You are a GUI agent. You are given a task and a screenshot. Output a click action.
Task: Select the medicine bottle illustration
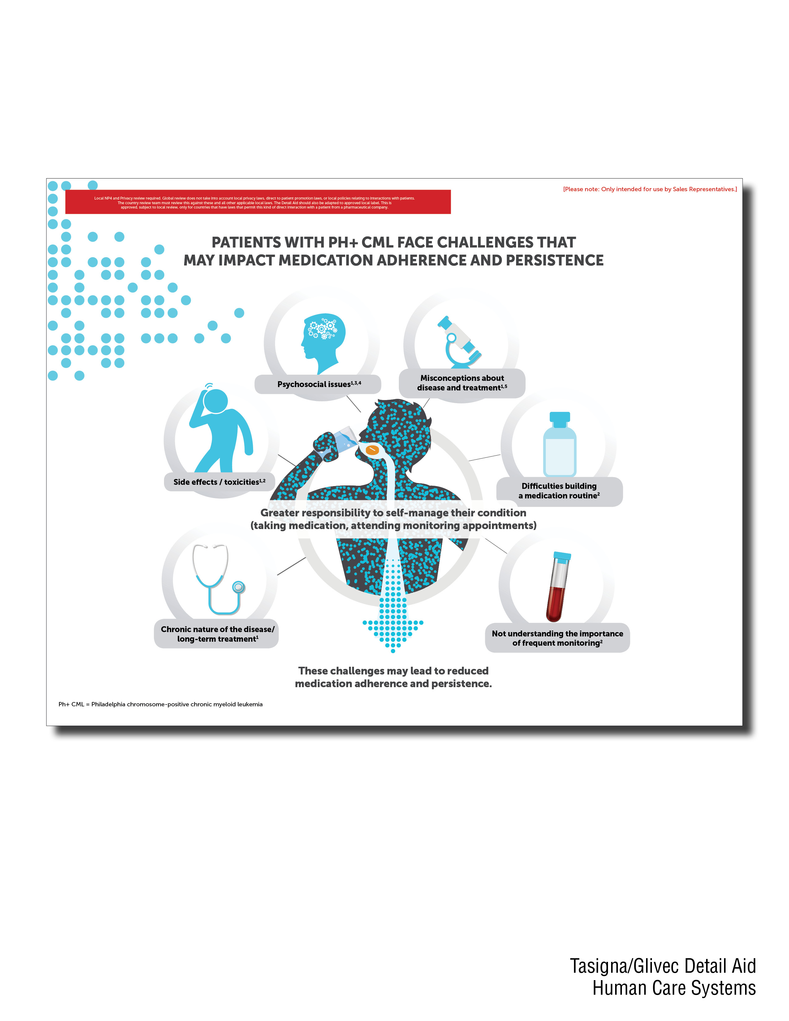click(559, 444)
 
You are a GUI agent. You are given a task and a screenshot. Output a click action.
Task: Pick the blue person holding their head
click(221, 430)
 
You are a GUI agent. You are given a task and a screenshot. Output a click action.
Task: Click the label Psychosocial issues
click(318, 384)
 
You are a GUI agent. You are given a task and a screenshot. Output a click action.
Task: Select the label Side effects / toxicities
click(219, 482)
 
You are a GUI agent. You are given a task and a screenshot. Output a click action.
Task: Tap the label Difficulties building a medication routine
click(559, 491)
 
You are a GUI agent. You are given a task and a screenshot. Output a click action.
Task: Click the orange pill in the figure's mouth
click(372, 450)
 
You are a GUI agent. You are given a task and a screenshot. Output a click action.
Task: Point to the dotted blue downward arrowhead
click(393, 629)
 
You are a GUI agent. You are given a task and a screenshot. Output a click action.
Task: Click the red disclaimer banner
click(258, 202)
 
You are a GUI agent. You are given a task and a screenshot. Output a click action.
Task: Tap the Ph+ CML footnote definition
click(160, 704)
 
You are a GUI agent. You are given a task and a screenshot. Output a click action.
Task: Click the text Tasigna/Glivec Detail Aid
click(662, 966)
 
